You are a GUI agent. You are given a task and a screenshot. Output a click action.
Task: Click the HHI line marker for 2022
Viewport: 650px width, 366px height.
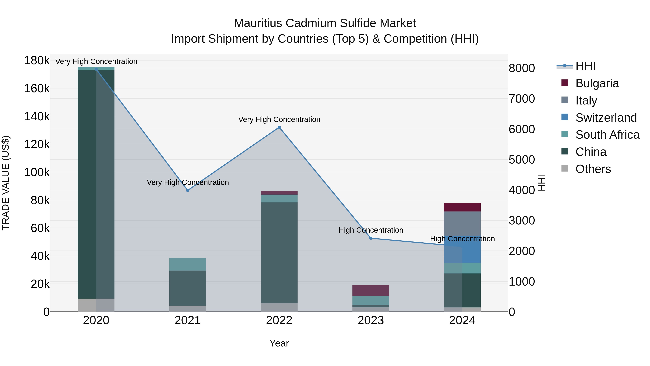[279, 127]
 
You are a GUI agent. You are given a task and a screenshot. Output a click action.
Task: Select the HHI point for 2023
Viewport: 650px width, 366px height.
[371, 238]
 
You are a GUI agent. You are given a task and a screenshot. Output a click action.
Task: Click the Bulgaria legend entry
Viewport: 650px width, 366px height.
[597, 83]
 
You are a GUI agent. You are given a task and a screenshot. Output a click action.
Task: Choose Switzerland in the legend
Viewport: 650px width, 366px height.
[606, 118]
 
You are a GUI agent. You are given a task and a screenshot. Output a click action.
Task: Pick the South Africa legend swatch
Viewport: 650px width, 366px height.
[565, 134]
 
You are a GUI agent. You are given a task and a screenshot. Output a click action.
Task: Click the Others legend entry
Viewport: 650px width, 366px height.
[593, 169]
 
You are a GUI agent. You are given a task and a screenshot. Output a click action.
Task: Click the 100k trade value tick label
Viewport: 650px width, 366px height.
[37, 173]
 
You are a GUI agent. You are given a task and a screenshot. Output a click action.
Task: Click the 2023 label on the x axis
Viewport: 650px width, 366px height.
[371, 320]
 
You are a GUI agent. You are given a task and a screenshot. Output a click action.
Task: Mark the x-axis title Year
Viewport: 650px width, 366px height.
[279, 343]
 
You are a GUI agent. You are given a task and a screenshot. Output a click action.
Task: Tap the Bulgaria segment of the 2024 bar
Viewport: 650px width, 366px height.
[462, 207]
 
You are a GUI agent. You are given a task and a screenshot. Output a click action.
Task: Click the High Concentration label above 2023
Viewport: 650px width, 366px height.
[371, 230]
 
